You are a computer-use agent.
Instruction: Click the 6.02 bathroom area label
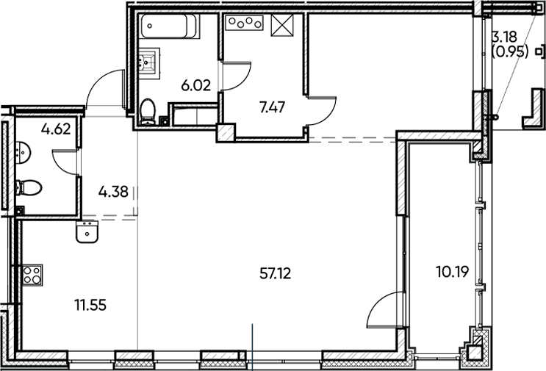click(196, 85)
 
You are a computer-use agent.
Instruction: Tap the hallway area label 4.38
click(113, 192)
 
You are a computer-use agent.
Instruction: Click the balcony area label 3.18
click(503, 37)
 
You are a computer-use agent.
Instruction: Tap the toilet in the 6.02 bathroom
click(147, 112)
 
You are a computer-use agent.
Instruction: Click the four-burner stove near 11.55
click(32, 275)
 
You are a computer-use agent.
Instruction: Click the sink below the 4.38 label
click(88, 234)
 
